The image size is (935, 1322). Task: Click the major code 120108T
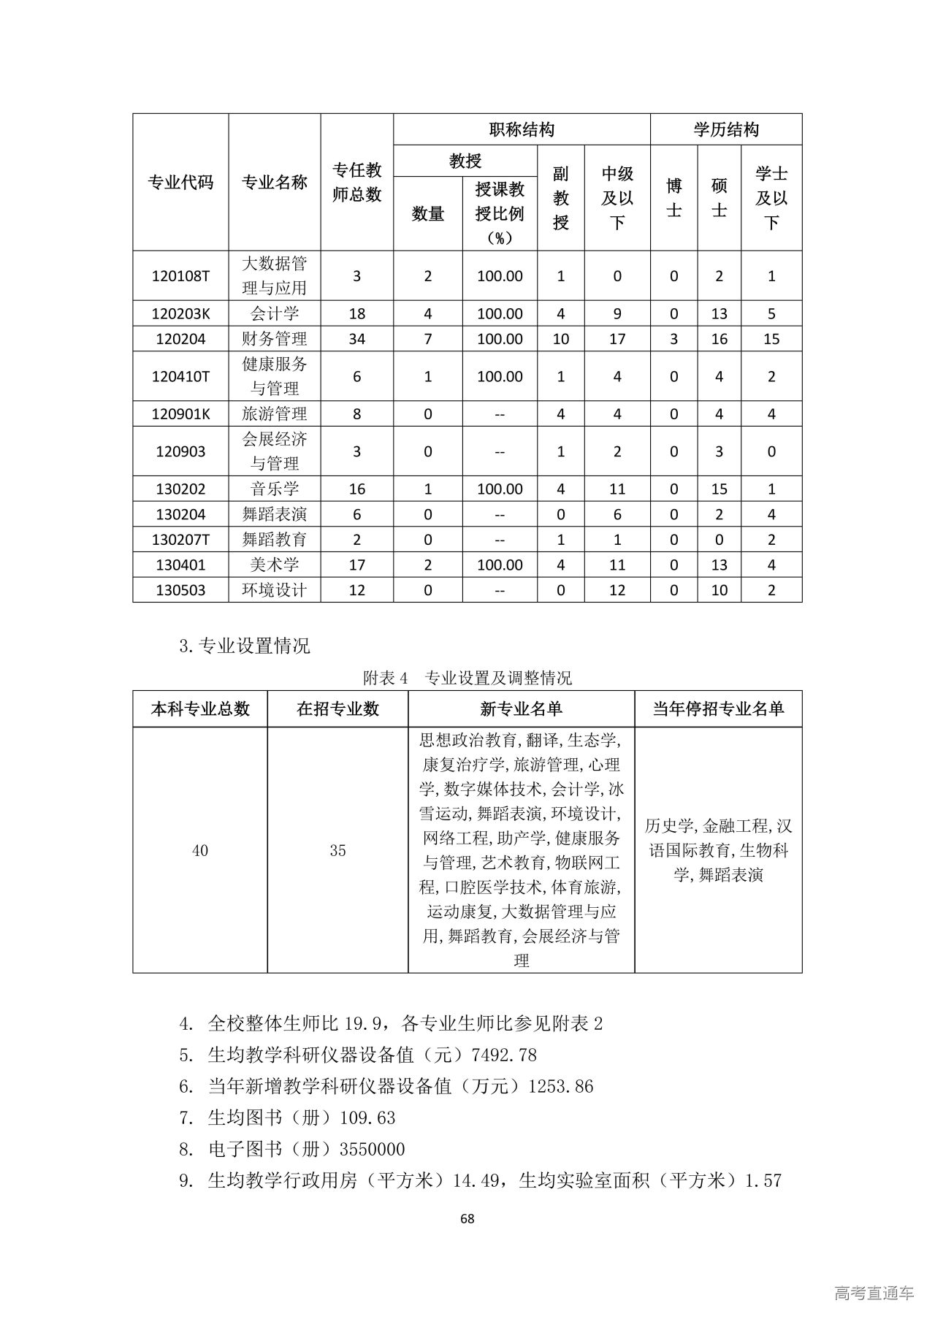click(x=180, y=276)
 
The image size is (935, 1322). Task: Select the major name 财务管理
click(x=275, y=339)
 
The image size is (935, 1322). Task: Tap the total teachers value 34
click(x=356, y=339)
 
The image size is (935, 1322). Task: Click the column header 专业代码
click(x=180, y=183)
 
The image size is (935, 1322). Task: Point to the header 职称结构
click(x=522, y=130)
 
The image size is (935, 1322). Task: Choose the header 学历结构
click(x=726, y=130)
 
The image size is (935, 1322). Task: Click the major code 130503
click(x=180, y=590)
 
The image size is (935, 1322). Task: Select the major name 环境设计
click(x=275, y=590)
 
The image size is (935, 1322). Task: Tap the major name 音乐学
click(x=275, y=489)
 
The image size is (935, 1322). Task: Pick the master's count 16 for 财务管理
click(x=719, y=339)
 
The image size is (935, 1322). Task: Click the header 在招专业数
click(x=337, y=709)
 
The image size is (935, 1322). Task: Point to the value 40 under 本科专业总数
click(x=199, y=851)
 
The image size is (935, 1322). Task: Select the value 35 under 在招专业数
click(x=337, y=851)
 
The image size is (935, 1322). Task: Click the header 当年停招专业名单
click(x=718, y=709)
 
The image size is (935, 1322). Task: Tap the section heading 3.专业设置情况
click(x=245, y=646)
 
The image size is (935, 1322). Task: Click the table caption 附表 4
click(x=384, y=679)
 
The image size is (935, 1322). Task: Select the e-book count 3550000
click(x=373, y=1150)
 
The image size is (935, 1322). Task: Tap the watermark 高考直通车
click(x=874, y=1294)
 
